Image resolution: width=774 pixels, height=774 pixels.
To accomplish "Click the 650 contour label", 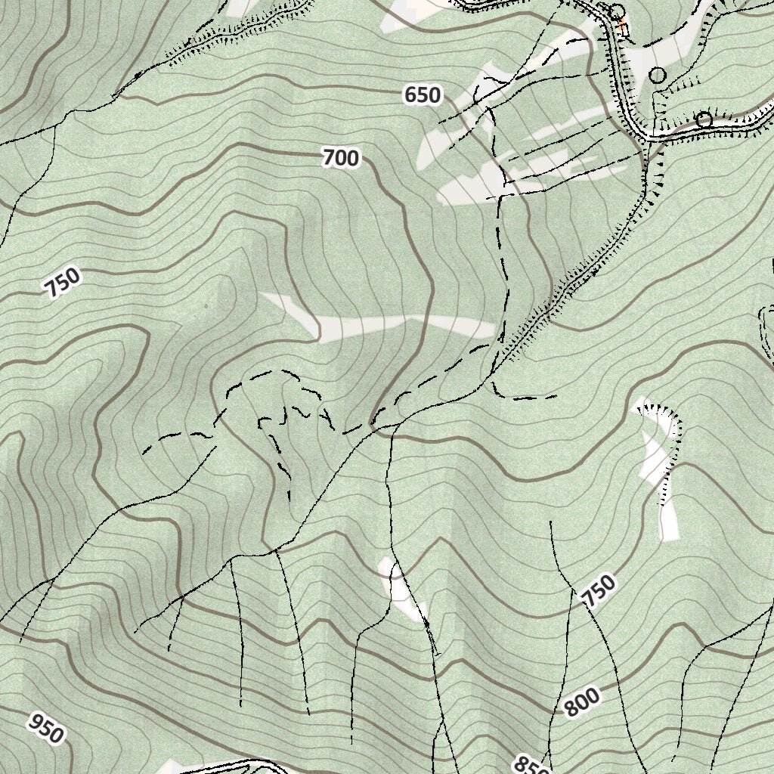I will (x=422, y=95).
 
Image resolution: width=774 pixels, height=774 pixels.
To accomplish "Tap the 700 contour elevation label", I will (x=340, y=158).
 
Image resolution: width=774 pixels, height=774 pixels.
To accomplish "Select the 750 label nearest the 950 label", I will (x=62, y=283).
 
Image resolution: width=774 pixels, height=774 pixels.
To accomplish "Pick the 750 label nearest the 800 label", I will (x=599, y=590).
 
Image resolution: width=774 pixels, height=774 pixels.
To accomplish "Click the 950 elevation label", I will (x=45, y=727).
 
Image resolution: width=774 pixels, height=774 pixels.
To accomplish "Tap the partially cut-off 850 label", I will (x=530, y=765).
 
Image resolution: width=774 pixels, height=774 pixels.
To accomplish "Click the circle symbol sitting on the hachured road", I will (x=704, y=119).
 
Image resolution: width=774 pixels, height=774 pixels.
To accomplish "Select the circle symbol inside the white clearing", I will (x=658, y=75).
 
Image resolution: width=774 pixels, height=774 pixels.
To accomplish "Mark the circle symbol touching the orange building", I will (x=617, y=12).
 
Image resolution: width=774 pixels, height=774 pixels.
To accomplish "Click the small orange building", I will (x=622, y=26).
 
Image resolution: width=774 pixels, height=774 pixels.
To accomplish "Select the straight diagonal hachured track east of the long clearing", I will (x=574, y=287).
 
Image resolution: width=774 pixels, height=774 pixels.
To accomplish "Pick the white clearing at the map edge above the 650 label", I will (x=412, y=11).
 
